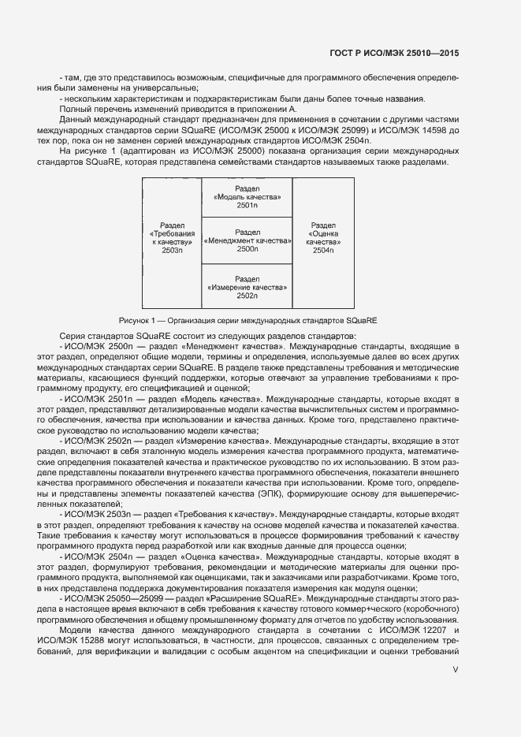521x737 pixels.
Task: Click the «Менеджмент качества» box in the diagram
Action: click(x=247, y=240)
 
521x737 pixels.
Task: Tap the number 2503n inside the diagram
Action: click(x=172, y=250)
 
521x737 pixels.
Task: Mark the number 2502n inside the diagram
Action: click(x=247, y=296)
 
